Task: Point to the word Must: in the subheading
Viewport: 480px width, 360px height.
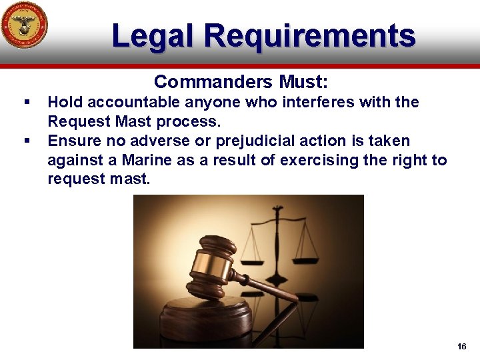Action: [303, 82]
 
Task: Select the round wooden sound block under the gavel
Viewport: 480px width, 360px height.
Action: [200, 320]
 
